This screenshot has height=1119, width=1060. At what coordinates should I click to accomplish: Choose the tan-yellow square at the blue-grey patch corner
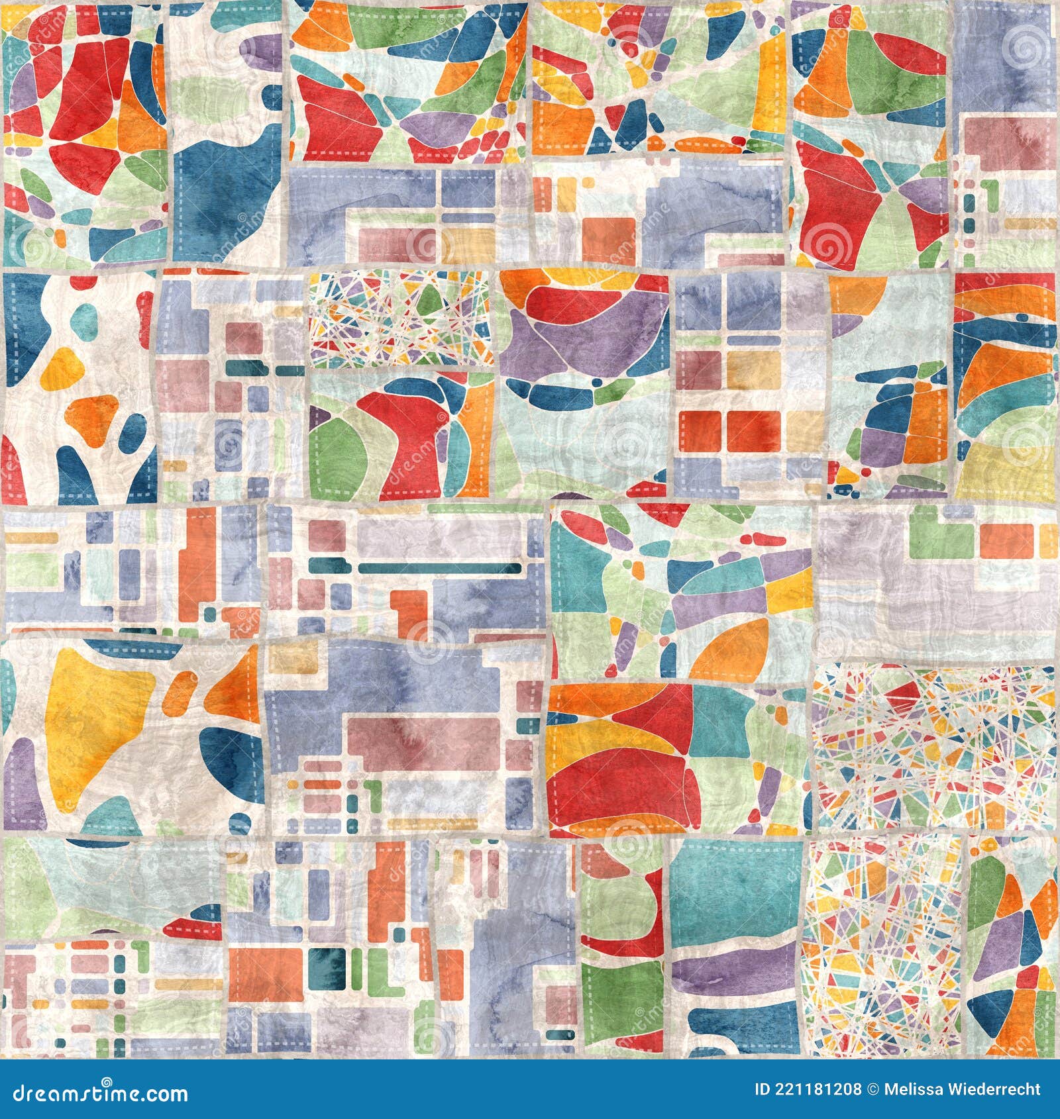click(x=286, y=656)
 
